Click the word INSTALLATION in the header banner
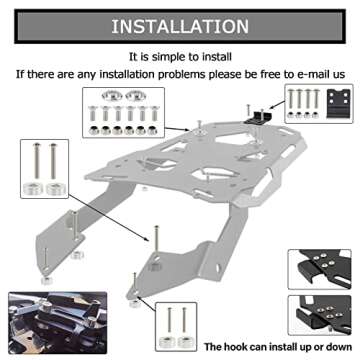click(180, 25)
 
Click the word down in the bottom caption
click(338, 346)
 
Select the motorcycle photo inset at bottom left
click(50, 317)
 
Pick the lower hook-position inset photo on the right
click(324, 312)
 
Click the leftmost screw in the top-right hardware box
click(296, 101)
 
